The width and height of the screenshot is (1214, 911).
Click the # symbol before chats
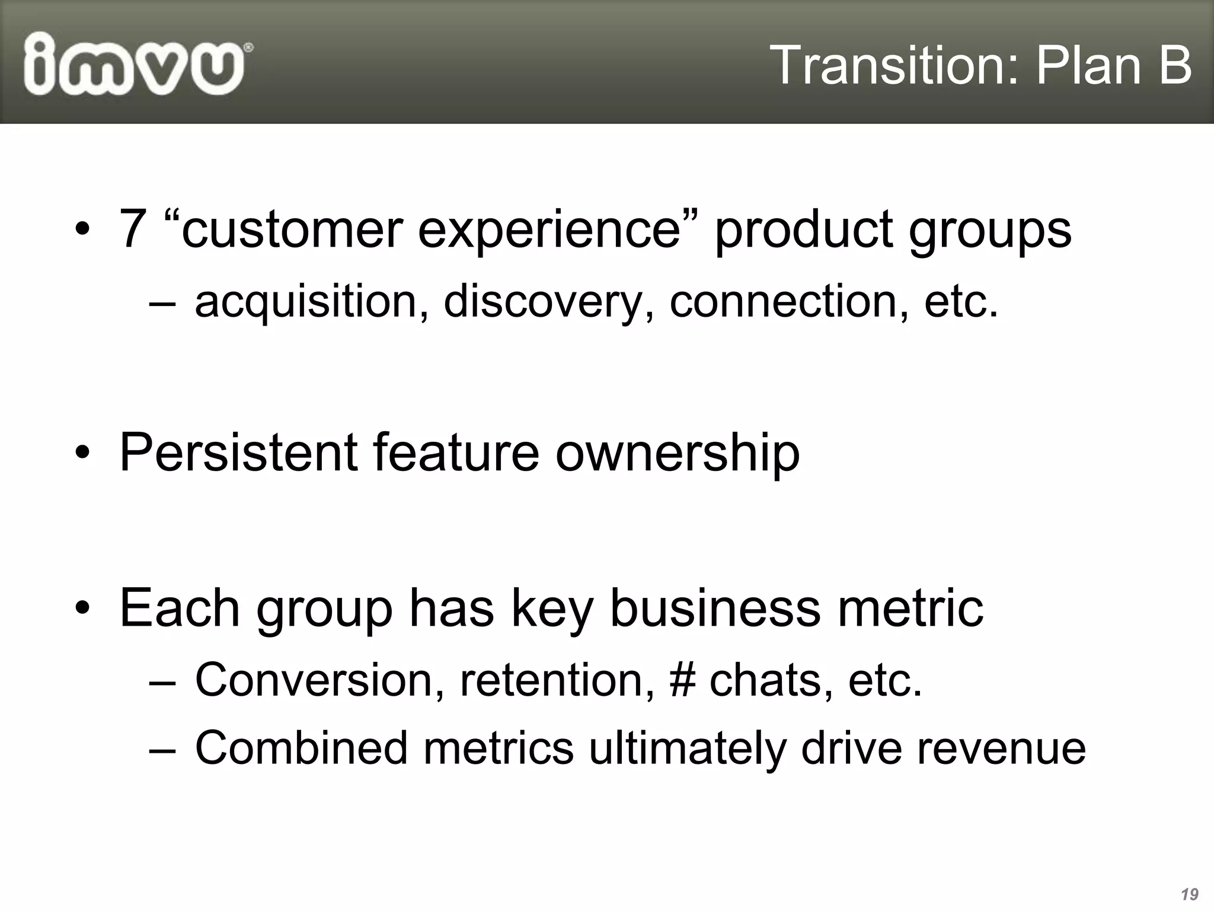[682, 680]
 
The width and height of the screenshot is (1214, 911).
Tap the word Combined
[301, 747]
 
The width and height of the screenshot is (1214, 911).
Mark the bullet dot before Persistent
[82, 454]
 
